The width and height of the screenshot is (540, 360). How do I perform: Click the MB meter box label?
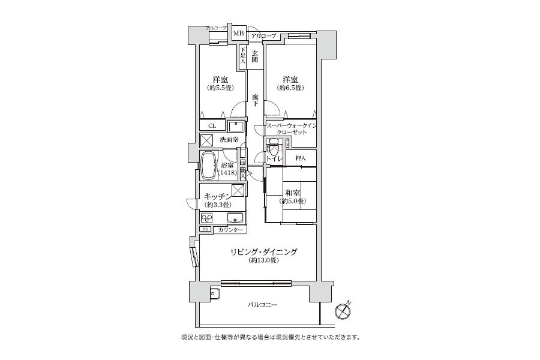[238, 33]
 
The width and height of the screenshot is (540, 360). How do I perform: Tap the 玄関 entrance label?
[254, 56]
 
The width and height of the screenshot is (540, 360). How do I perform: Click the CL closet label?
[212, 126]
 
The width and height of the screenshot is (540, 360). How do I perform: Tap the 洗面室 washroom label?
[229, 140]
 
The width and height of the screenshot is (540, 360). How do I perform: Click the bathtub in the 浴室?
[208, 165]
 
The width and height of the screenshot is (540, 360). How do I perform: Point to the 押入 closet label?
[301, 158]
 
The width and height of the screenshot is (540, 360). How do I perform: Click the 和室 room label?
[293, 193]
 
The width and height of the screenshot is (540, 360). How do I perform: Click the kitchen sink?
[235, 218]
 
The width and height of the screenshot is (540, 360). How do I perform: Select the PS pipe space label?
[205, 230]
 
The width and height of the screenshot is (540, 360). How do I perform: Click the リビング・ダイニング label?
[264, 252]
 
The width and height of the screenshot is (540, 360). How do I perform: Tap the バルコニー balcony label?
[262, 305]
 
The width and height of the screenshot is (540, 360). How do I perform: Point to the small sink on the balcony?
[215, 293]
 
